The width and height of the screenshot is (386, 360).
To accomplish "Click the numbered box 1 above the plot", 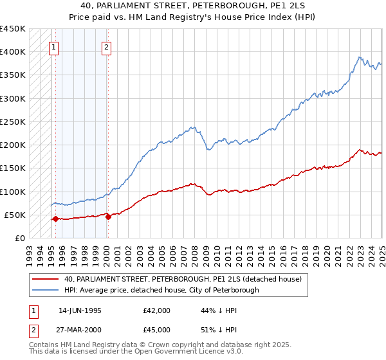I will (54, 46).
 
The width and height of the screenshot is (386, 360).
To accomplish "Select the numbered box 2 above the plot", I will (107, 46).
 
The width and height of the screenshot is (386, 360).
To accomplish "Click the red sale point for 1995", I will (55, 219).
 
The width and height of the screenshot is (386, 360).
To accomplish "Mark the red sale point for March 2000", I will (108, 217).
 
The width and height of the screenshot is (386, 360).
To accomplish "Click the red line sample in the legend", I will (46, 279).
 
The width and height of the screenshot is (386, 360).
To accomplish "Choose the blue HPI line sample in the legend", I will (46, 290).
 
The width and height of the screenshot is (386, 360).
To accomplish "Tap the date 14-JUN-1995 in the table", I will (80, 310).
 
